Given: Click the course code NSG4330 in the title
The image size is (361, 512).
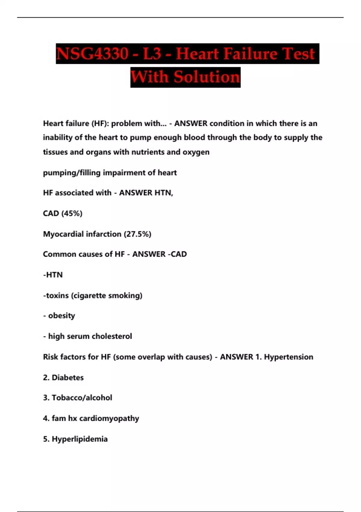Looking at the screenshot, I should (92, 54).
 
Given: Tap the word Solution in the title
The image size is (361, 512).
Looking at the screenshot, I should (207, 77).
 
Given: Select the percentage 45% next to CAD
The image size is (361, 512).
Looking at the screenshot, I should (72, 213).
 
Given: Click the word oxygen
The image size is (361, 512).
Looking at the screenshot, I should (196, 152).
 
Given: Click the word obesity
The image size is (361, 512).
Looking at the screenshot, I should (61, 316).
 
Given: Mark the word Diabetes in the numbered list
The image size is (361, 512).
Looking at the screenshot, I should (68, 377).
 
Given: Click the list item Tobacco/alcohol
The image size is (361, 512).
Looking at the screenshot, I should (82, 398).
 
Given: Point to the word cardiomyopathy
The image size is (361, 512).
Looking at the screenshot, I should (109, 418).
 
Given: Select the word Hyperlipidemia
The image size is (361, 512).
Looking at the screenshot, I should (80, 439).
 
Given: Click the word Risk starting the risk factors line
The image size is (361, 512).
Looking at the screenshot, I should (51, 357).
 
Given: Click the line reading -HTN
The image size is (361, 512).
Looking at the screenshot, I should (53, 275).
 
